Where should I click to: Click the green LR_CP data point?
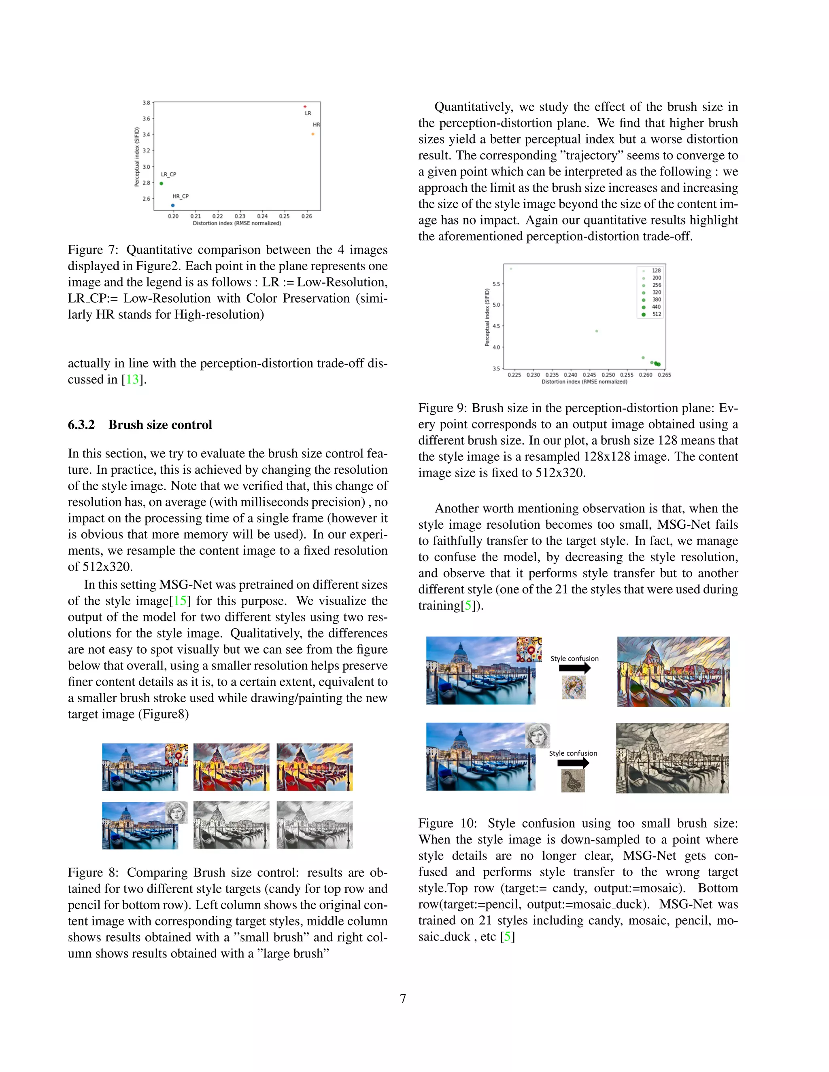[x=161, y=184]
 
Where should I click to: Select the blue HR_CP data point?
[x=172, y=205]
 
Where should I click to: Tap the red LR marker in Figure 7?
[x=305, y=106]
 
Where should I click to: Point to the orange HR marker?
[x=313, y=134]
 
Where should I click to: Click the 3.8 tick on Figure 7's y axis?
[x=147, y=103]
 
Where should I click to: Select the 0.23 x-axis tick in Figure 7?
[x=240, y=216]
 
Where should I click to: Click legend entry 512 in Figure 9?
[x=656, y=314]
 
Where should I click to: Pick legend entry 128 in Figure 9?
[x=656, y=271]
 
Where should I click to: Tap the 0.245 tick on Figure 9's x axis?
[x=589, y=375]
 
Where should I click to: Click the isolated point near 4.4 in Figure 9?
[x=597, y=331]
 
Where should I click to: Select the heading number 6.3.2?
[x=81, y=425]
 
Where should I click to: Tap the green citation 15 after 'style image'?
[x=180, y=601]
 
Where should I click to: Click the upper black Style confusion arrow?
[x=574, y=668]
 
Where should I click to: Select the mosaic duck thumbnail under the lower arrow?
[x=573, y=781]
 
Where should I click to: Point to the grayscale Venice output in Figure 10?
[x=672, y=758]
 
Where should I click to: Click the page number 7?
[x=403, y=999]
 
